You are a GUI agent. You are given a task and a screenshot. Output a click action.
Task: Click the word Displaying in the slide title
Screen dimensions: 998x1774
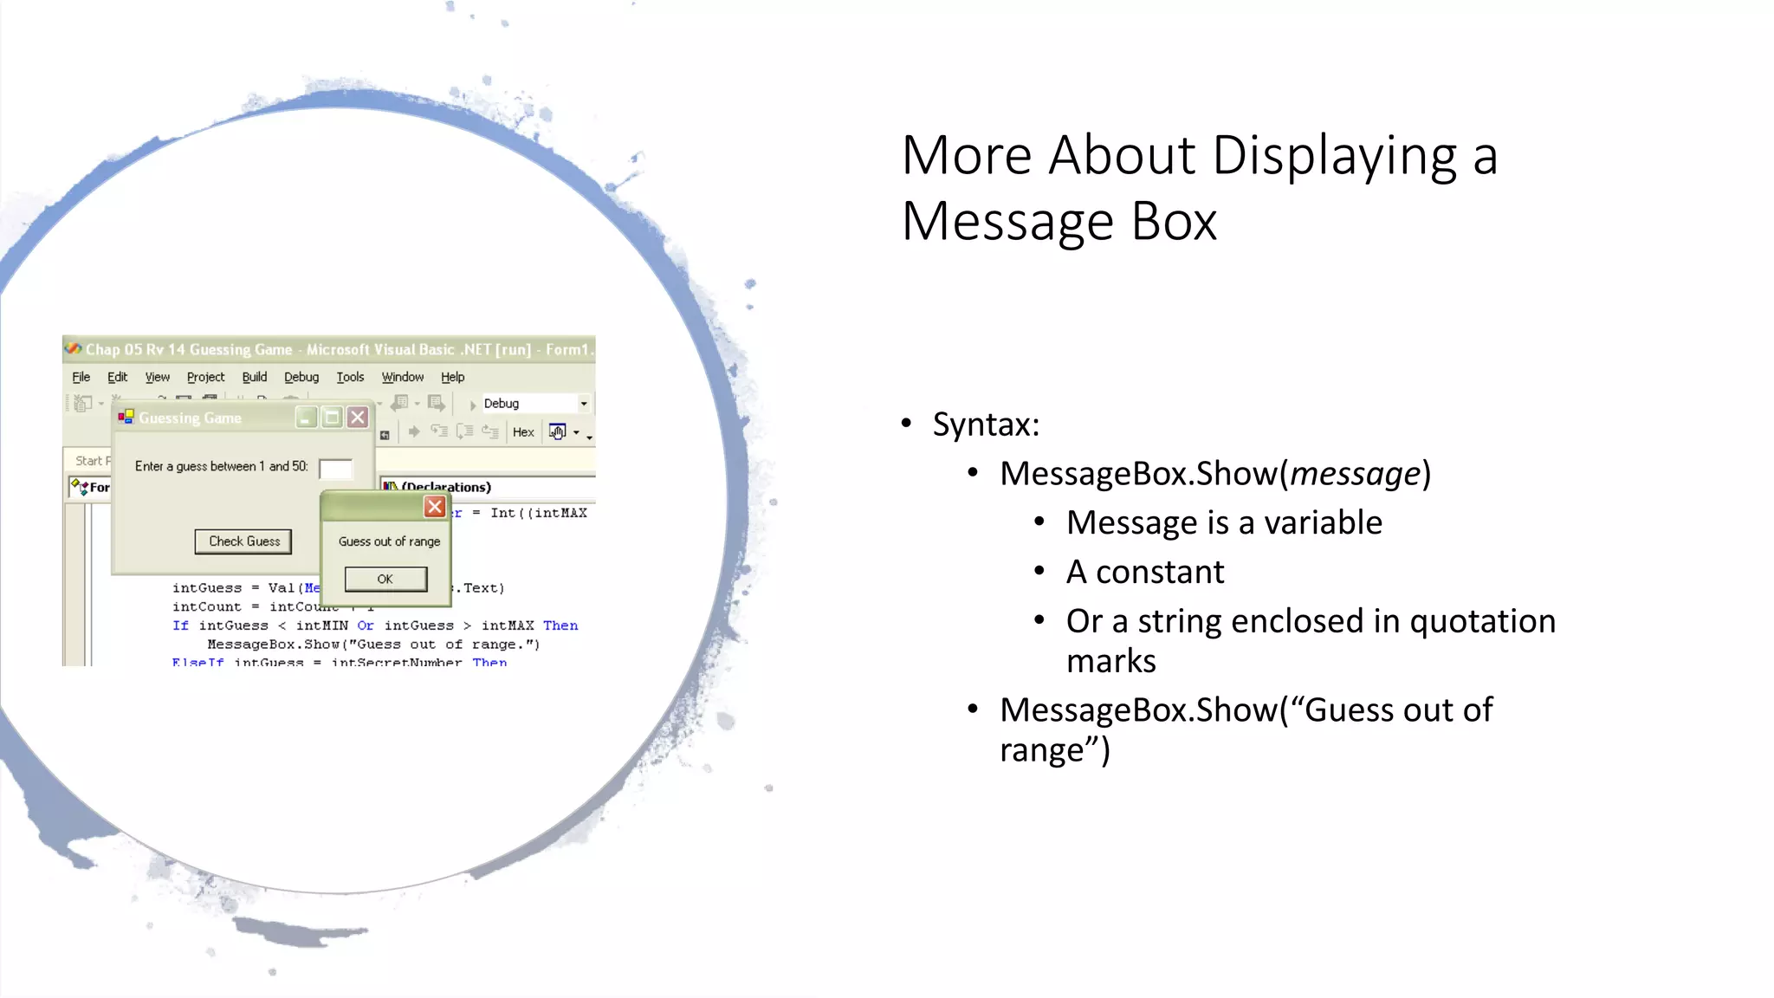(x=1334, y=157)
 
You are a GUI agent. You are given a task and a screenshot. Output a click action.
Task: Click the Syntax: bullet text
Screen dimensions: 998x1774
(x=985, y=424)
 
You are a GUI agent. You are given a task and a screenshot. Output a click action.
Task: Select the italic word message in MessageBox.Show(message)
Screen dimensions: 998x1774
(x=1355, y=474)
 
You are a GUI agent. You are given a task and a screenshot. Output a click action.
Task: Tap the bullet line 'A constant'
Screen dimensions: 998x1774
(x=1144, y=573)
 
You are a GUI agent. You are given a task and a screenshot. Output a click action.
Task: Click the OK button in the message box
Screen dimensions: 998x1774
(x=385, y=579)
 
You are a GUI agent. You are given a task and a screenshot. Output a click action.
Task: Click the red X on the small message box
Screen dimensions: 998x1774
(x=435, y=507)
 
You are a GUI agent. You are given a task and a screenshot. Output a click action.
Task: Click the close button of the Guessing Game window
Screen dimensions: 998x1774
(x=358, y=418)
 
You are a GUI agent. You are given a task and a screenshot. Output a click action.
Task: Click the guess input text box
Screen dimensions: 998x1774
(x=335, y=469)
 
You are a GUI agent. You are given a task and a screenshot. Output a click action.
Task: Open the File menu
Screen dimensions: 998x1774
(x=81, y=377)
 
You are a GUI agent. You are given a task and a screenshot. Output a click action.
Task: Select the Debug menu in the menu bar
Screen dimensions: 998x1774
(x=301, y=377)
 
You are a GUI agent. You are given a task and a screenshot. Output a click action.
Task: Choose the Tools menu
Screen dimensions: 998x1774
(x=350, y=377)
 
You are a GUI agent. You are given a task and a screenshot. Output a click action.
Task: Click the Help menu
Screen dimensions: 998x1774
(x=452, y=377)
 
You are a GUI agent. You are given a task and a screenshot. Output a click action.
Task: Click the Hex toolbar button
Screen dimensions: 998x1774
(x=523, y=432)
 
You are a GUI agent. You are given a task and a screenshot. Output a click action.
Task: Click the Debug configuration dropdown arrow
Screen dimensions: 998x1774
(x=584, y=404)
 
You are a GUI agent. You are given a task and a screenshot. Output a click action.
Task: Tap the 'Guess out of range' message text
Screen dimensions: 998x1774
(x=389, y=541)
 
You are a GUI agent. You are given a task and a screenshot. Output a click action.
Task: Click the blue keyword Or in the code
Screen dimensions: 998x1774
(x=366, y=625)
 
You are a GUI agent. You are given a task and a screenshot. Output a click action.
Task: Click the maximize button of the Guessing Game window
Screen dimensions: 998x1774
(x=332, y=418)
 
